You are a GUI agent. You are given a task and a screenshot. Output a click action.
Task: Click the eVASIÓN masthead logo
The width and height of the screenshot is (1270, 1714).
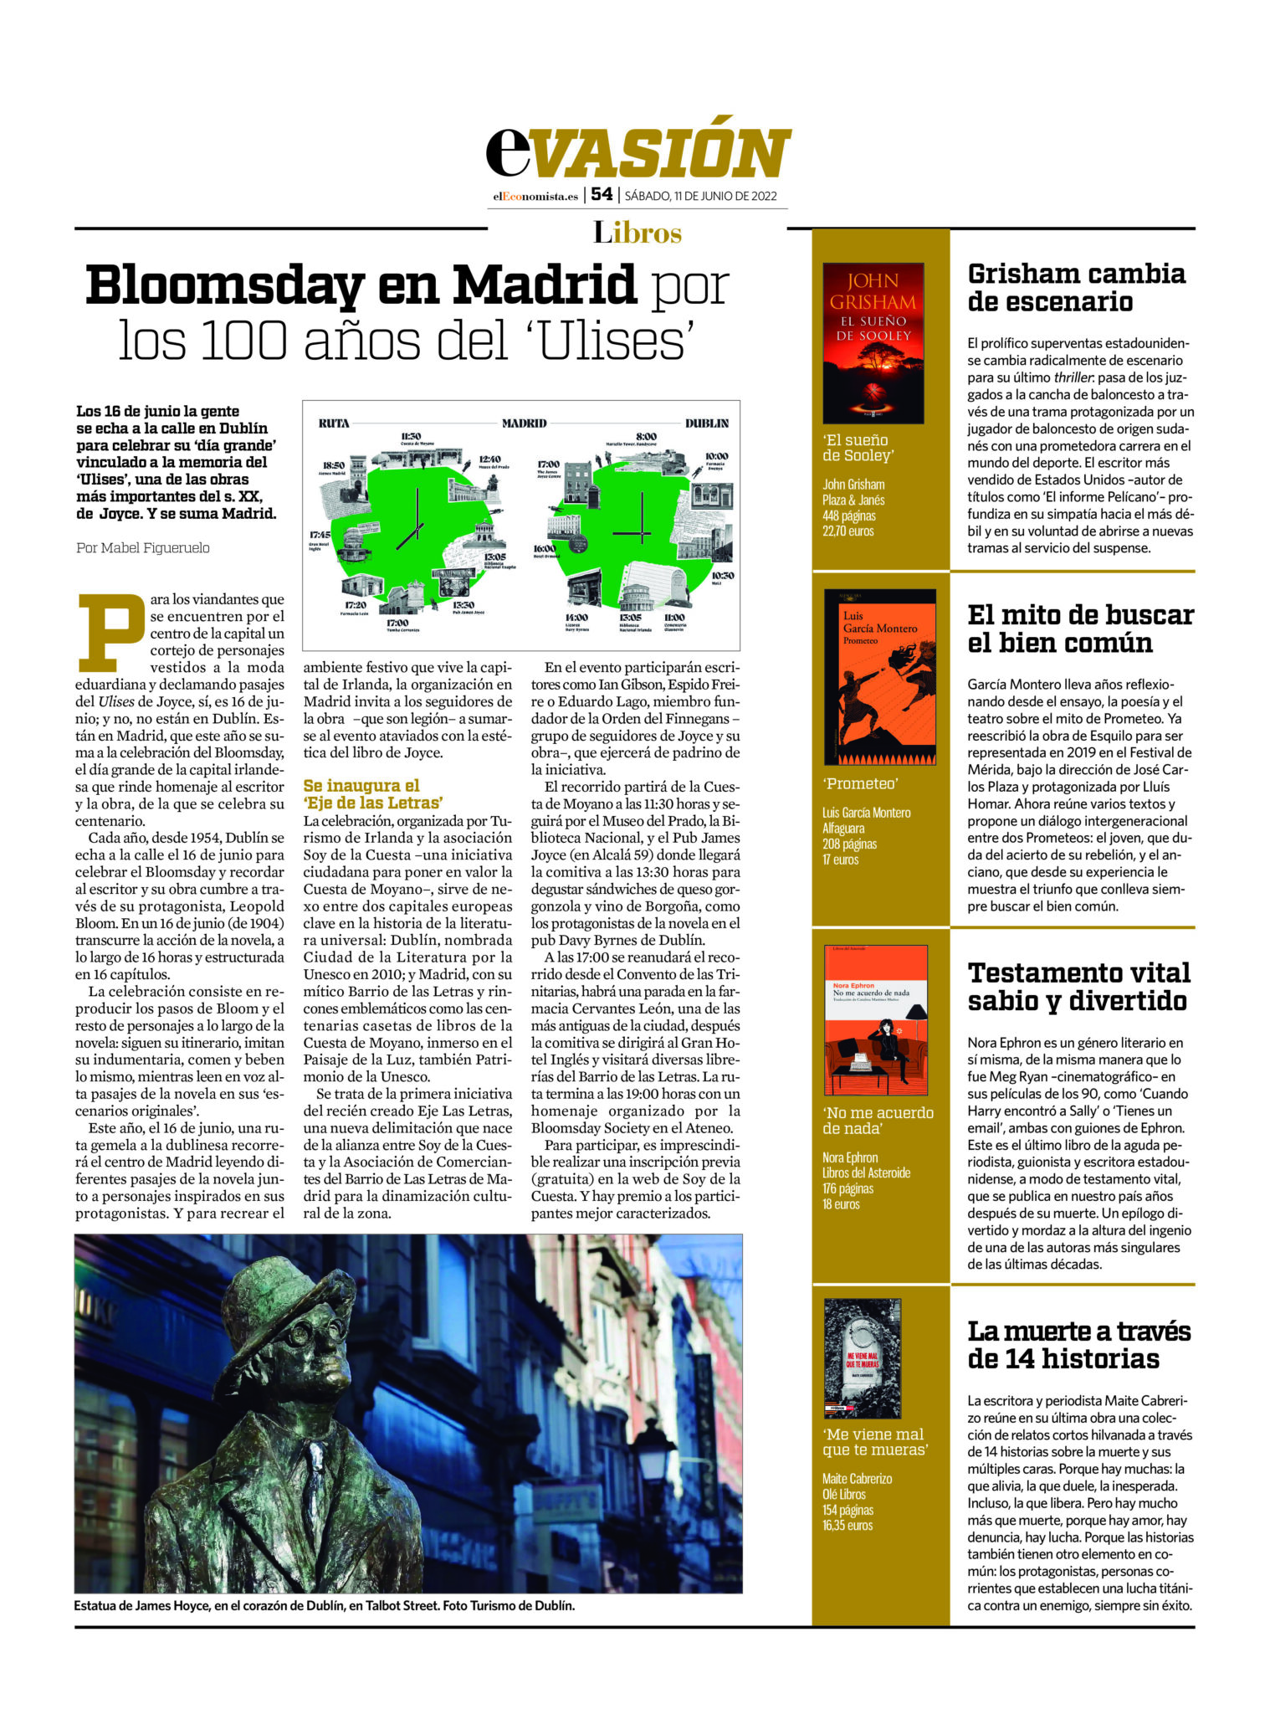pos(638,151)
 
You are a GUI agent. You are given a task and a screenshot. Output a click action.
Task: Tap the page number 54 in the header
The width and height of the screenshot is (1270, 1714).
pos(601,194)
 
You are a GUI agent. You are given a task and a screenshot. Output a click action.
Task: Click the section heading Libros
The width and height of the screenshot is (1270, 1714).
pos(638,232)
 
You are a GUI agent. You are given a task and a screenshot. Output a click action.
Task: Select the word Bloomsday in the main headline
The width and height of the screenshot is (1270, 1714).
pos(224,285)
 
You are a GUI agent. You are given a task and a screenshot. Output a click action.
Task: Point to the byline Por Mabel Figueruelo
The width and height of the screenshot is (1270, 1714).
pos(143,548)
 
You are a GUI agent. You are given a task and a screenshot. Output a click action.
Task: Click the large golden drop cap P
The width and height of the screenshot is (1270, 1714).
pos(110,631)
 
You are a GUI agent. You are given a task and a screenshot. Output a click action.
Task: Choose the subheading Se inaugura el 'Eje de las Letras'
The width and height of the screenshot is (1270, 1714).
pos(373,793)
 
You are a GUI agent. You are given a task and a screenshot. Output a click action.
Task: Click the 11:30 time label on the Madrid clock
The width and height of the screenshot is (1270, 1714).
pos(410,436)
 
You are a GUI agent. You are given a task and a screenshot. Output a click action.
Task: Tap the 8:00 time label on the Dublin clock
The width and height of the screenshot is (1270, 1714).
pos(646,436)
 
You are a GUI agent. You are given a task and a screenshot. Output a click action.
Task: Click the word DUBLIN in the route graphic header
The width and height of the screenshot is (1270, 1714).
pos(707,423)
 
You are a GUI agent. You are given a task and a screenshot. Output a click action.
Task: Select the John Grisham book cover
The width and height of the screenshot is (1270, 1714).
pos(873,342)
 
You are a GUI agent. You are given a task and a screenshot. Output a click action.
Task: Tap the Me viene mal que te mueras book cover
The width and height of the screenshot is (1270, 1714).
pos(862,1358)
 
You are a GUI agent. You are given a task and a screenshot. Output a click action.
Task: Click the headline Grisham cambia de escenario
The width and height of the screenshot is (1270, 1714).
pos(1076,287)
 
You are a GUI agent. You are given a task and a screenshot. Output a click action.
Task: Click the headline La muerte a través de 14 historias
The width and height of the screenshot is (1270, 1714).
pos(1078,1344)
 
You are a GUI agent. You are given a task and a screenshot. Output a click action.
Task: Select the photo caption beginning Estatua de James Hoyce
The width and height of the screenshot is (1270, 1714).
pos(324,1606)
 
